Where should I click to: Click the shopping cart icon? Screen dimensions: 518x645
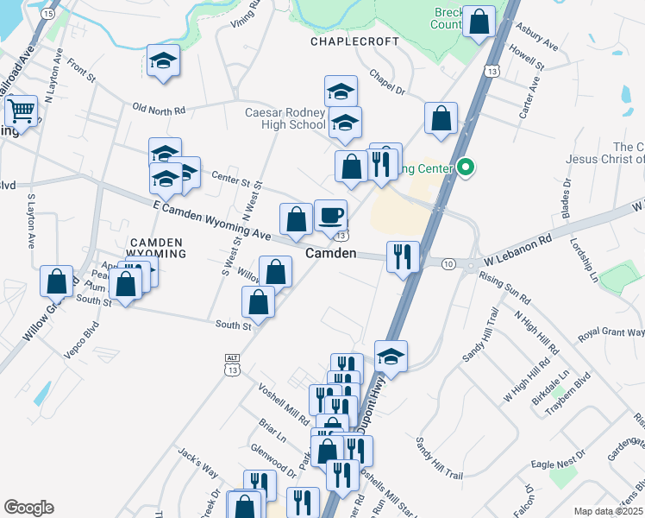click(x=21, y=111)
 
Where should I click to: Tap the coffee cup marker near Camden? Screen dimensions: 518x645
click(x=330, y=215)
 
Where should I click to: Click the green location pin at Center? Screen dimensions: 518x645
click(x=467, y=167)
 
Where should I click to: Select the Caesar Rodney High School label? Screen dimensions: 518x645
click(x=285, y=119)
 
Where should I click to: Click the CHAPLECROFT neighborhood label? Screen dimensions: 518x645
click(x=356, y=41)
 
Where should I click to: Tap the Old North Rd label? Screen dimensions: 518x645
click(x=159, y=110)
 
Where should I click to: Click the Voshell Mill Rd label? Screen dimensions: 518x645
click(x=284, y=403)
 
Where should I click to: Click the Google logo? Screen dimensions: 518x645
click(x=28, y=508)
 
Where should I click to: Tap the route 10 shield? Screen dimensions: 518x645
click(x=449, y=262)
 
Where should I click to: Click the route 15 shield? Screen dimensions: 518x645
click(x=48, y=15)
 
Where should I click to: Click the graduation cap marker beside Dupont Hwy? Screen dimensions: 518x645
click(x=391, y=357)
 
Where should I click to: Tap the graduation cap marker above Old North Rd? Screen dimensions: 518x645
click(x=163, y=60)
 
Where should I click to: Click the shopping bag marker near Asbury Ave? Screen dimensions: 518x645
click(x=479, y=22)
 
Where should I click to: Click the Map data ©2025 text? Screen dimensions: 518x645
click(x=607, y=511)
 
